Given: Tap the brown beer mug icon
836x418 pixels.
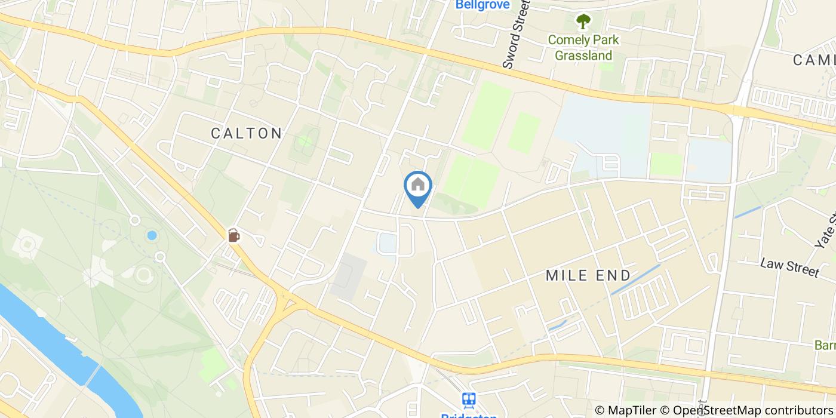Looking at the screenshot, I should [233, 235].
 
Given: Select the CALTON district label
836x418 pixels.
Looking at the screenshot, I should [247, 133].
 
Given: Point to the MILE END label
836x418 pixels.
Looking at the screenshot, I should [588, 275].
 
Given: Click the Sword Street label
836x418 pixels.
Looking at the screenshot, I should [516, 34].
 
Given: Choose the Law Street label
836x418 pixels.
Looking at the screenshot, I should [790, 267].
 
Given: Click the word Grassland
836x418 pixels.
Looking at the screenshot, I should [583, 56].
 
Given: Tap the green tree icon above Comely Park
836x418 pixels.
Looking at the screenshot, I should [583, 21].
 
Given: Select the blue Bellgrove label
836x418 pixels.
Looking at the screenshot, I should [482, 5].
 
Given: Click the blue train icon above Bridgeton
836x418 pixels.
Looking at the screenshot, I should [469, 399].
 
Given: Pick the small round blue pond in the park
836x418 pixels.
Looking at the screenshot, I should [152, 235].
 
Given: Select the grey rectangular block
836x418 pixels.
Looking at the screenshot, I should [348, 277].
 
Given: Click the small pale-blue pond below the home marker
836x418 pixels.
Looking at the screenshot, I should [386, 243].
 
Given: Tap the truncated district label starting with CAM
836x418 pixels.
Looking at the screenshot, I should [815, 60].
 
